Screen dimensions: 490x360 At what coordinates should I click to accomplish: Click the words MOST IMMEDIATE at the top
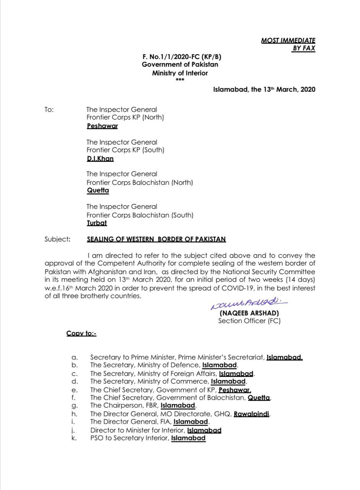coord(288,40)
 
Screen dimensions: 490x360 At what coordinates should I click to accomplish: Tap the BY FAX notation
coord(304,48)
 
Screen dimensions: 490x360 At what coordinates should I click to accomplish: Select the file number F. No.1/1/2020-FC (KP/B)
coord(182,57)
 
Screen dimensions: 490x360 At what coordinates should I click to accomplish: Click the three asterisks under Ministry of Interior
coord(180,80)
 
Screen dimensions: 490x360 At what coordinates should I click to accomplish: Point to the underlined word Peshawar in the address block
coord(102,126)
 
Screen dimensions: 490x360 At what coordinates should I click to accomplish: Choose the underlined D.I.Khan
coord(100,158)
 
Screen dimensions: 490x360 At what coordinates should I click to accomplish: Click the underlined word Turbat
coord(97,222)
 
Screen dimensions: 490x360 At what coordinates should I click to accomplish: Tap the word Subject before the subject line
coord(57,239)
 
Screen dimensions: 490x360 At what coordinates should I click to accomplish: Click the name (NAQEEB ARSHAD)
coord(249,313)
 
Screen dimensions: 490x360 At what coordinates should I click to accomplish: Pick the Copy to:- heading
coord(81,333)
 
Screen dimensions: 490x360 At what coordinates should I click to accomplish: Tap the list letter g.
coord(75,405)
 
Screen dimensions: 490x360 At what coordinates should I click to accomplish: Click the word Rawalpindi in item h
coord(251,414)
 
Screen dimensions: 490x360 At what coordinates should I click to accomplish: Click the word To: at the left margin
coord(49,110)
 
